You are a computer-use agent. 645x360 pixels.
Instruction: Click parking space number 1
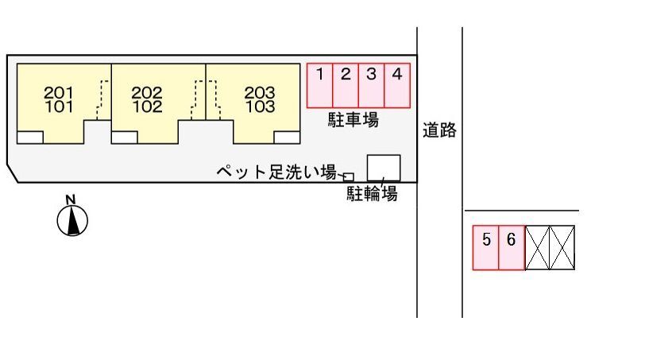click(x=319, y=86)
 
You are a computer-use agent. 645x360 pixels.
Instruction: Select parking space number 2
click(x=346, y=86)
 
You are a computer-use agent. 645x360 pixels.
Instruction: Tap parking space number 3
click(x=372, y=86)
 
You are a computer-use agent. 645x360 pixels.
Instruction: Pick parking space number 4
click(x=397, y=86)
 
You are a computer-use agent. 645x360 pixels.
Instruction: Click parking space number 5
click(x=486, y=248)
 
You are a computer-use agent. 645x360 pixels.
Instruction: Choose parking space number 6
click(x=512, y=248)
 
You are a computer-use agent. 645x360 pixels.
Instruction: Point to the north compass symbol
click(x=72, y=220)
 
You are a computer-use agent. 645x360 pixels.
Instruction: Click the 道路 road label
click(x=439, y=130)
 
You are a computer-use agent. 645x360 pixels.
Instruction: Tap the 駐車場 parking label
click(x=353, y=120)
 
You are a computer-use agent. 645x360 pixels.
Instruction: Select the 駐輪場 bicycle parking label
click(x=372, y=193)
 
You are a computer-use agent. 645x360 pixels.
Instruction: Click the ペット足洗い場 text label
click(x=276, y=172)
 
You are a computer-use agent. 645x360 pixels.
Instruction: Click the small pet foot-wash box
click(x=349, y=177)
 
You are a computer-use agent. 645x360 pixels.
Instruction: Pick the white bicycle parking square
click(x=384, y=168)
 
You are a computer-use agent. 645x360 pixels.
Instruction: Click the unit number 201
click(x=58, y=92)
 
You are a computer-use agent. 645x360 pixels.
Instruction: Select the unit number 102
click(x=147, y=107)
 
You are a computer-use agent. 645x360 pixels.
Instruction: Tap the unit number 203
click(x=260, y=92)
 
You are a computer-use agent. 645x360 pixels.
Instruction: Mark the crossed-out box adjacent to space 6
click(x=538, y=248)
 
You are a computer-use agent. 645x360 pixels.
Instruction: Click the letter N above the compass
click(x=71, y=200)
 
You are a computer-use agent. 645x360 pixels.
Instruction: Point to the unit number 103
click(x=260, y=107)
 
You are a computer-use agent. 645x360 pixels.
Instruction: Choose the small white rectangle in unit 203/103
click(x=287, y=137)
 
